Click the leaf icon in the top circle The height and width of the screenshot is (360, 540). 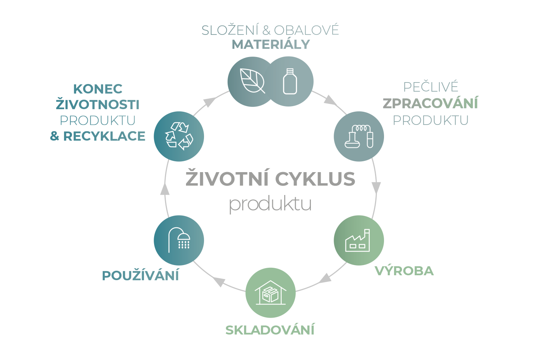point(252,81)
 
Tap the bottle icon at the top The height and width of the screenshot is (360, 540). point(290,81)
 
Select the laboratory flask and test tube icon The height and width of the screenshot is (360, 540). point(359,136)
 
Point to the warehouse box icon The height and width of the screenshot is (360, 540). point(270,292)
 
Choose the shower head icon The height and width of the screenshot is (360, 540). point(179,240)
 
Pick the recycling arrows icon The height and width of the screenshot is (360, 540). point(179,136)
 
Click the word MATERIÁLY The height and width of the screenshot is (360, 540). point(271,44)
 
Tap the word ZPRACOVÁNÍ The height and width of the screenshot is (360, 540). point(430,103)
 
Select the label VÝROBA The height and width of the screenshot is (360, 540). point(404,271)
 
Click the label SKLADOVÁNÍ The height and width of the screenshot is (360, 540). point(270,330)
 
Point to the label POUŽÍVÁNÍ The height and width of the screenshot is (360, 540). point(140,276)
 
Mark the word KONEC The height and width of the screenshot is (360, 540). point(98,89)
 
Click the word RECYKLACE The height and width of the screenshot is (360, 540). point(104,136)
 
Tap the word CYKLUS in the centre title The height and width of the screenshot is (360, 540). point(317,179)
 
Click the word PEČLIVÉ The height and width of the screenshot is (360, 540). point(430,87)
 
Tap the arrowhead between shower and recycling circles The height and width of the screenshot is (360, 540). point(164,190)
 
